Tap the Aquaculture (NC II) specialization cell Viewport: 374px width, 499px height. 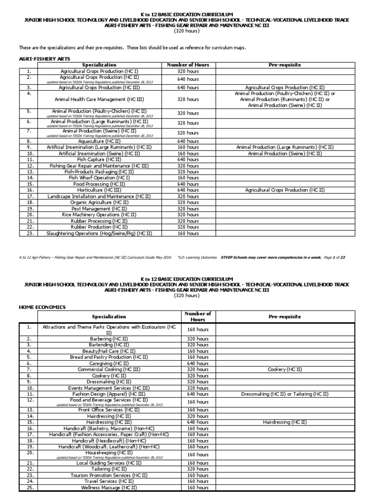tap(99, 140)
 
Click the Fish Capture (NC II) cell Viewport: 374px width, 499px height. tap(99, 159)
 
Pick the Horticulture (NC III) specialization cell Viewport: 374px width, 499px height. tap(99, 191)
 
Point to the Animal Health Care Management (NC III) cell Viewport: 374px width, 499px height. tap(99, 99)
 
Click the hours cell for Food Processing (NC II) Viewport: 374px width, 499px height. tap(188, 184)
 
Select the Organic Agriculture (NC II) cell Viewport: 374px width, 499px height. tap(99, 202)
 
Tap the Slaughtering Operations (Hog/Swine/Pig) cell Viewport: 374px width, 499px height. tap(99, 233)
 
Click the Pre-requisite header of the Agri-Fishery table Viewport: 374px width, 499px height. tap(285, 64)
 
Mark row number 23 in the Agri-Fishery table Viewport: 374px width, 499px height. tap(29, 233)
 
